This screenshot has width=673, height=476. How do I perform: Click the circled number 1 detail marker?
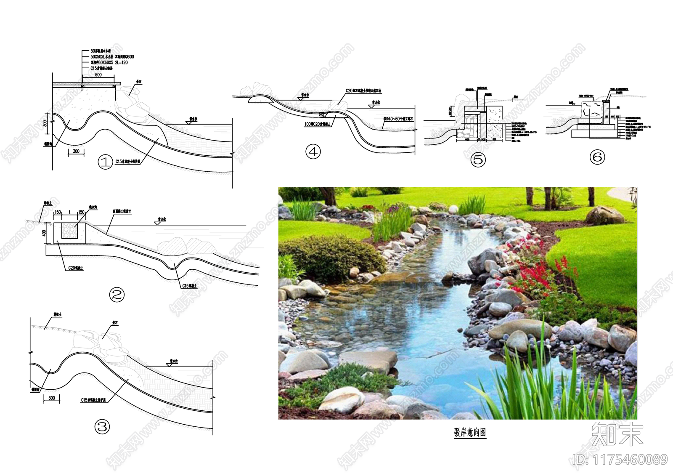[x=105, y=162]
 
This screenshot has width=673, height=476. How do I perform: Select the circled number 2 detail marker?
[x=117, y=295]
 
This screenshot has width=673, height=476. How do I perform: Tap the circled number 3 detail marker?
[x=102, y=427]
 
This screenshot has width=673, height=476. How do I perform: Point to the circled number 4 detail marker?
[x=313, y=152]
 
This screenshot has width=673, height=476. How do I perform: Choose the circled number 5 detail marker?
[x=478, y=160]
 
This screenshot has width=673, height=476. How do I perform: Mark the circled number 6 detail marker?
[x=597, y=157]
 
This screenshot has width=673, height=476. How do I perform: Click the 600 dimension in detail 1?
[x=98, y=75]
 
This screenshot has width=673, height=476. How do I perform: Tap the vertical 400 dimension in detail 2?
[x=44, y=232]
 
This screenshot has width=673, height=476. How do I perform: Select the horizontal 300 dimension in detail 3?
[x=52, y=398]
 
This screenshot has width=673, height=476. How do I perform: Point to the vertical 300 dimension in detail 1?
[x=45, y=123]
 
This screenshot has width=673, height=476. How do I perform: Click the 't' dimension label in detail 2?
[x=70, y=213]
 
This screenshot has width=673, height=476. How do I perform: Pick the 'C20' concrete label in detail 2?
[x=76, y=268]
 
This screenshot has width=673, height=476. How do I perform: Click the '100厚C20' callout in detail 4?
[x=317, y=124]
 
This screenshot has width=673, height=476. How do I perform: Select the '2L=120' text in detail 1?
[x=121, y=63]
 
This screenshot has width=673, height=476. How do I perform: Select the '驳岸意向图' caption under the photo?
[x=470, y=432]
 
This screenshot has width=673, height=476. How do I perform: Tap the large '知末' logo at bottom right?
[x=617, y=434]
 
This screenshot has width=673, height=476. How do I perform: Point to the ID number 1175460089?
[x=620, y=460]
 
